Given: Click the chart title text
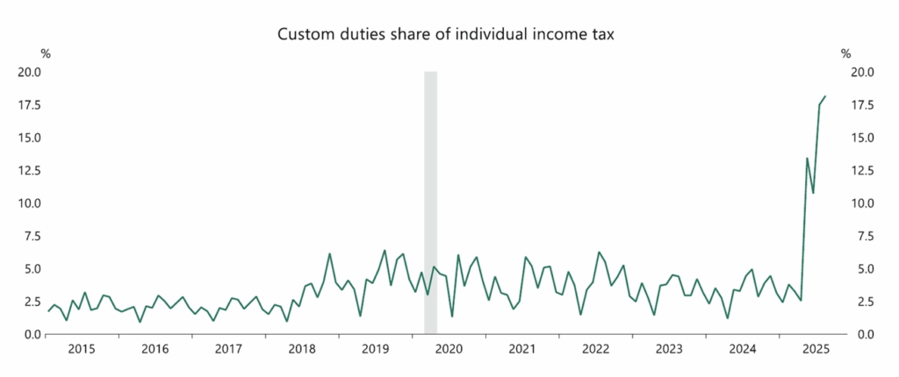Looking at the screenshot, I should pyautogui.click(x=449, y=35).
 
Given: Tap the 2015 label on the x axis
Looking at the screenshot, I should pyautogui.click(x=82, y=349).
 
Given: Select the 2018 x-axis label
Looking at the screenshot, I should pyautogui.click(x=302, y=349).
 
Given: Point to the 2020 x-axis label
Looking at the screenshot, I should pyautogui.click(x=449, y=349).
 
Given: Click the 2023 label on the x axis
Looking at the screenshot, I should pyautogui.click(x=669, y=349).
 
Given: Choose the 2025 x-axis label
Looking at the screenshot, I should pyautogui.click(x=816, y=349).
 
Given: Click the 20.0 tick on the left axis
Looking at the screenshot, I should pyautogui.click(x=30, y=72).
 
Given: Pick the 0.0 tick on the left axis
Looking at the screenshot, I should pyautogui.click(x=32, y=334).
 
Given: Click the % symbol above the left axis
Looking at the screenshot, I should pyautogui.click(x=46, y=54).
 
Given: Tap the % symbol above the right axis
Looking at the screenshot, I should pyautogui.click(x=846, y=54).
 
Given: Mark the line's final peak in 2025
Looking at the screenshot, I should pyautogui.click(x=824, y=96).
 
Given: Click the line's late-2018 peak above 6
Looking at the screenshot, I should pyautogui.click(x=329, y=254).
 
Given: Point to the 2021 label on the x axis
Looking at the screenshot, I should pyautogui.click(x=522, y=349).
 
